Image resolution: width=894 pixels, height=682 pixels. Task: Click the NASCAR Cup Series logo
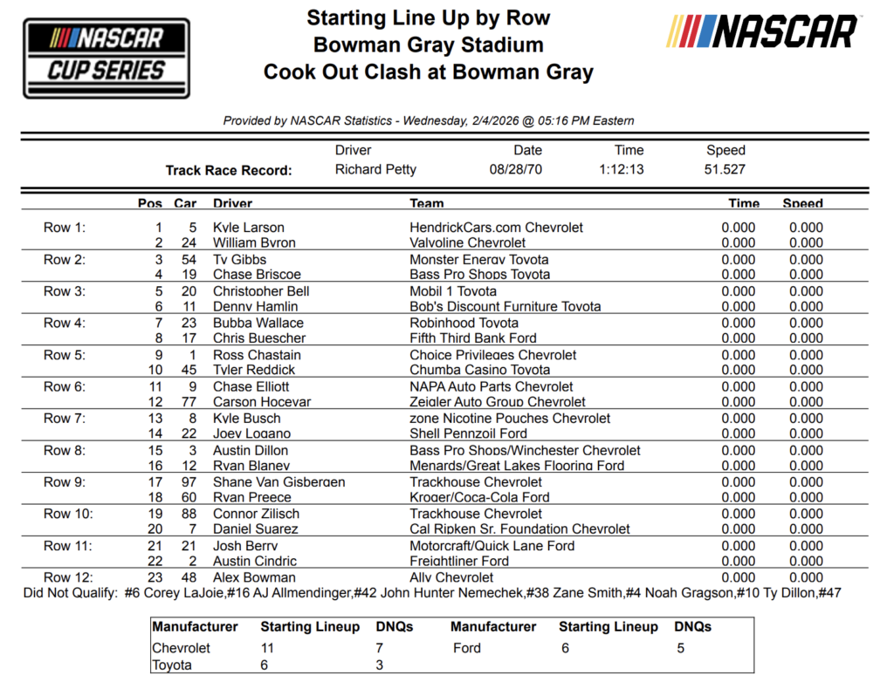pos(107,57)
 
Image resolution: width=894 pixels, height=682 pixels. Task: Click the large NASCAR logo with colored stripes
pos(762,32)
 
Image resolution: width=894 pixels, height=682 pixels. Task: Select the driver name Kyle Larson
pos(249,228)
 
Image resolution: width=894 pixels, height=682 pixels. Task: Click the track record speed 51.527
pos(725,169)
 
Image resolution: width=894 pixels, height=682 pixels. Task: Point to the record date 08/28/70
pos(516,169)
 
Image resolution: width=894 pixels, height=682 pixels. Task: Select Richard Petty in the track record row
pos(375,169)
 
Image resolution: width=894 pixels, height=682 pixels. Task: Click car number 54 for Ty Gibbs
pos(189,260)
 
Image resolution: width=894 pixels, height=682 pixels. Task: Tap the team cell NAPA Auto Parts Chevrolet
pos(492,387)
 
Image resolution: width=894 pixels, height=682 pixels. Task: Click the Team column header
pos(427,203)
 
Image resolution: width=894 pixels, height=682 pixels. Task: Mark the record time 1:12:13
pos(622,169)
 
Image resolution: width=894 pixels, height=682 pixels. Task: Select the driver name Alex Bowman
pos(254,577)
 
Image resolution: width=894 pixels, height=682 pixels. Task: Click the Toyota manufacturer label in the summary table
pos(174,665)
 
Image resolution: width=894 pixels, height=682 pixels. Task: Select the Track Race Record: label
pos(229,171)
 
